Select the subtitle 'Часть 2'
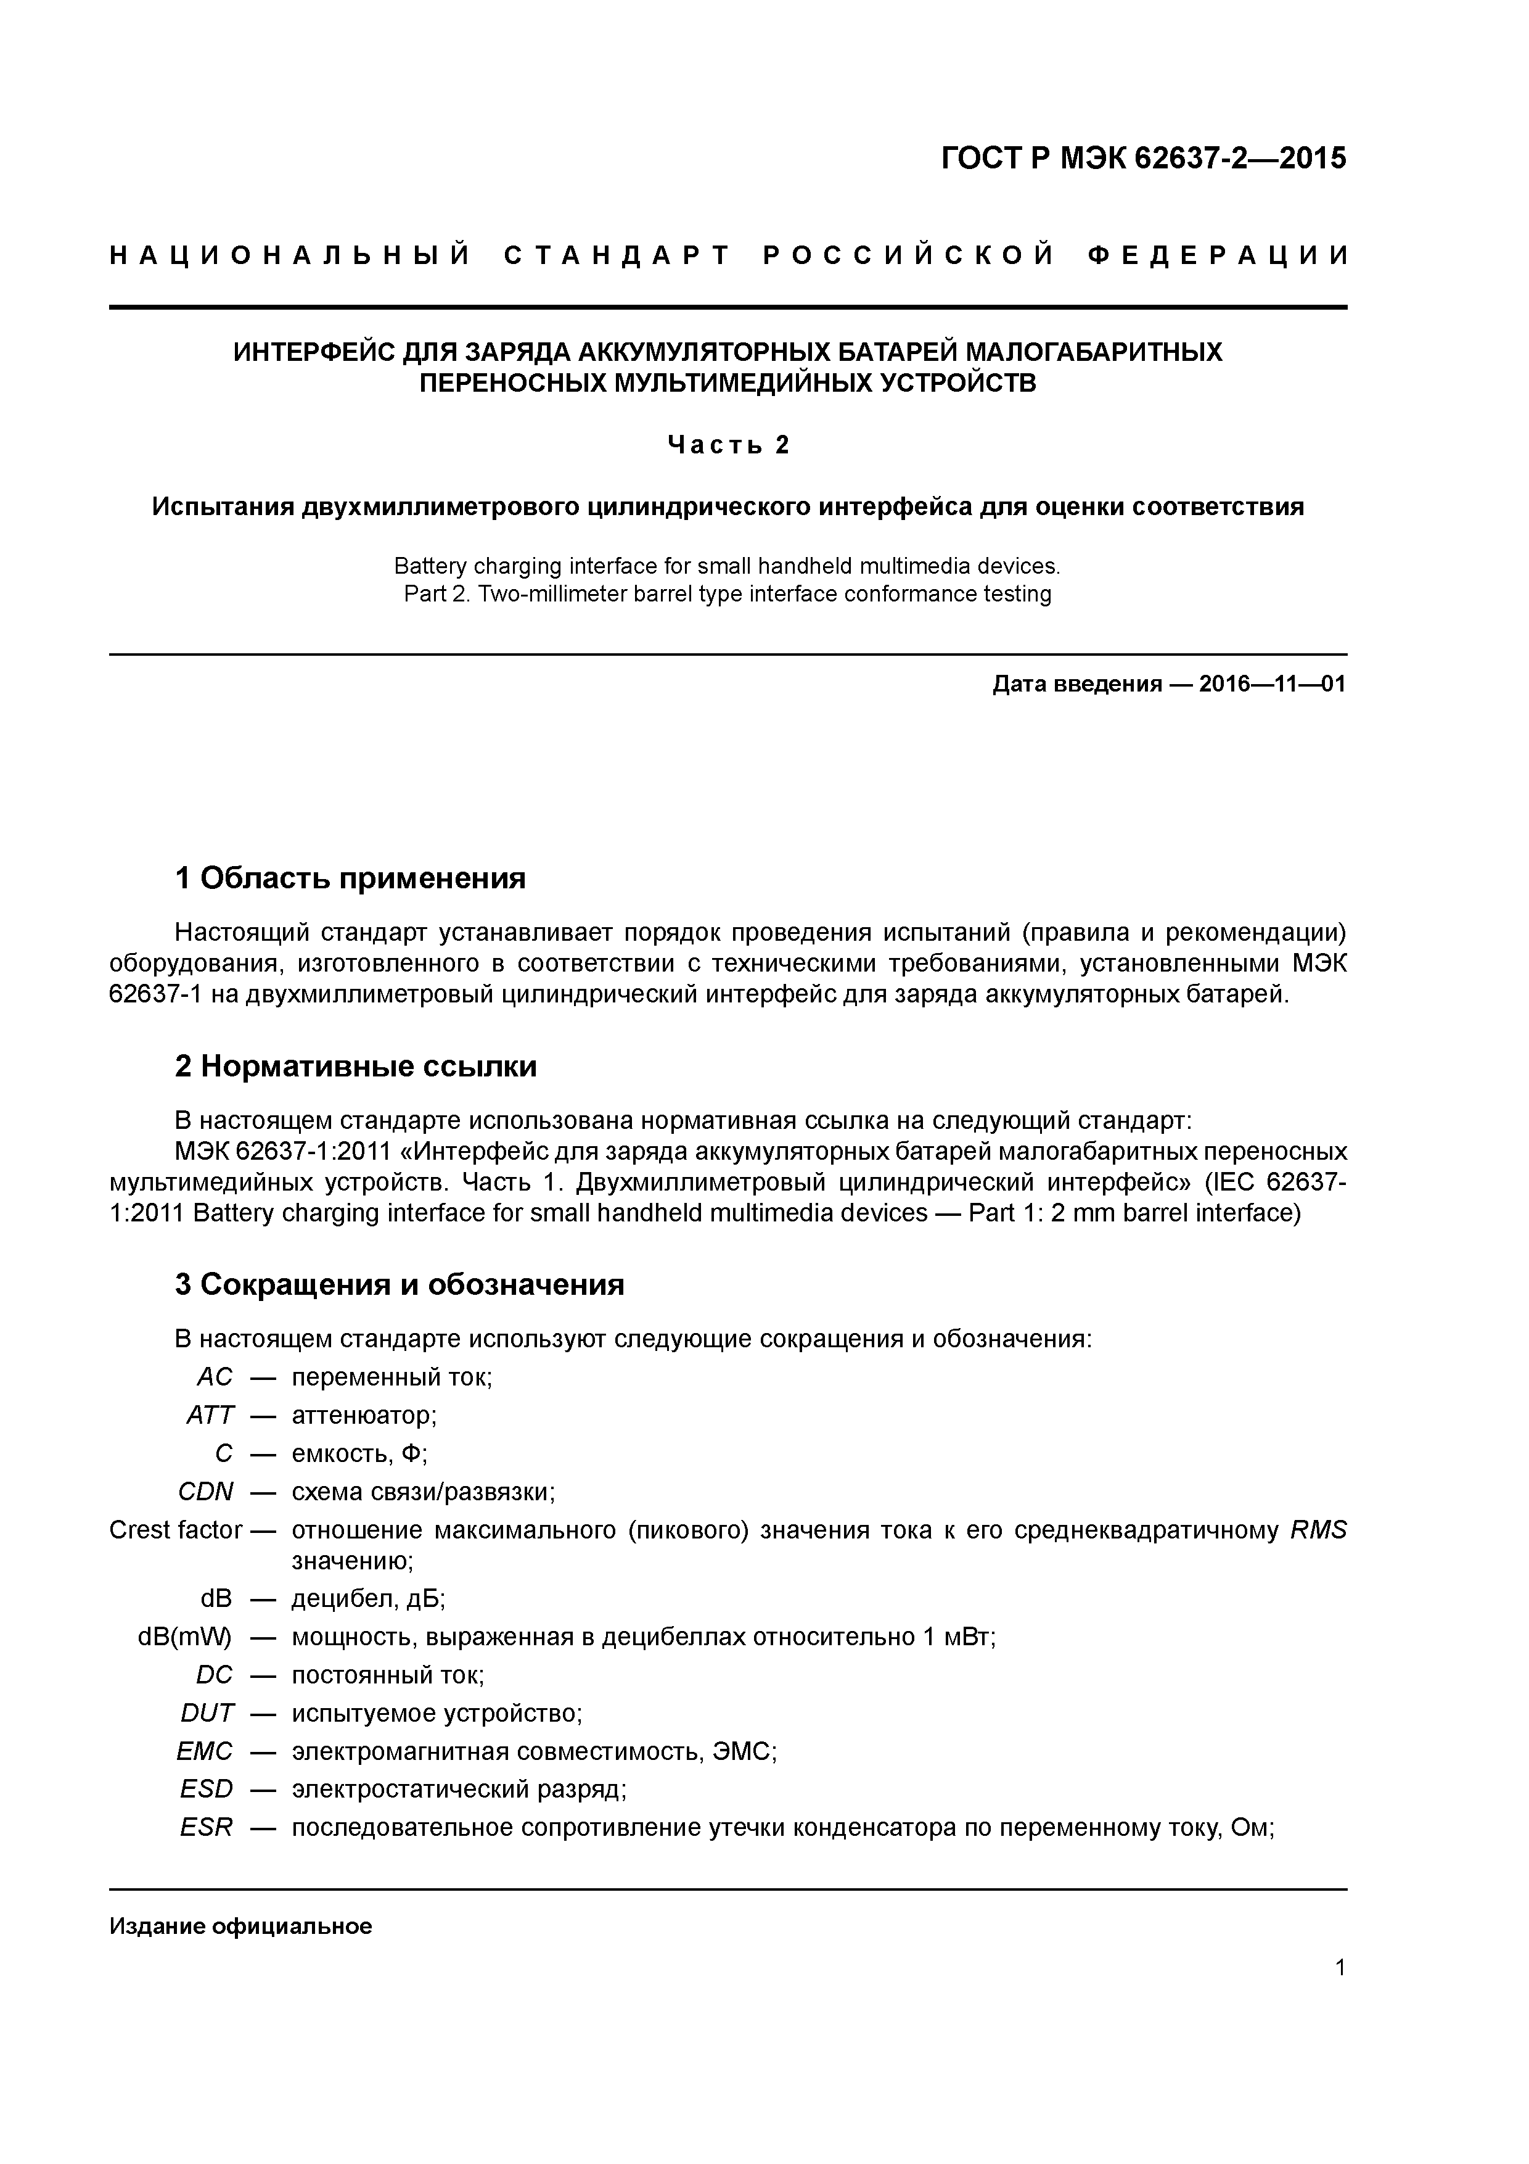pyautogui.click(x=728, y=445)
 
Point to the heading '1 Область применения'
pyautogui.click(x=350, y=878)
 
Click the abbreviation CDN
pyautogui.click(x=207, y=1492)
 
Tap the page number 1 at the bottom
pyautogui.click(x=1340, y=1967)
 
